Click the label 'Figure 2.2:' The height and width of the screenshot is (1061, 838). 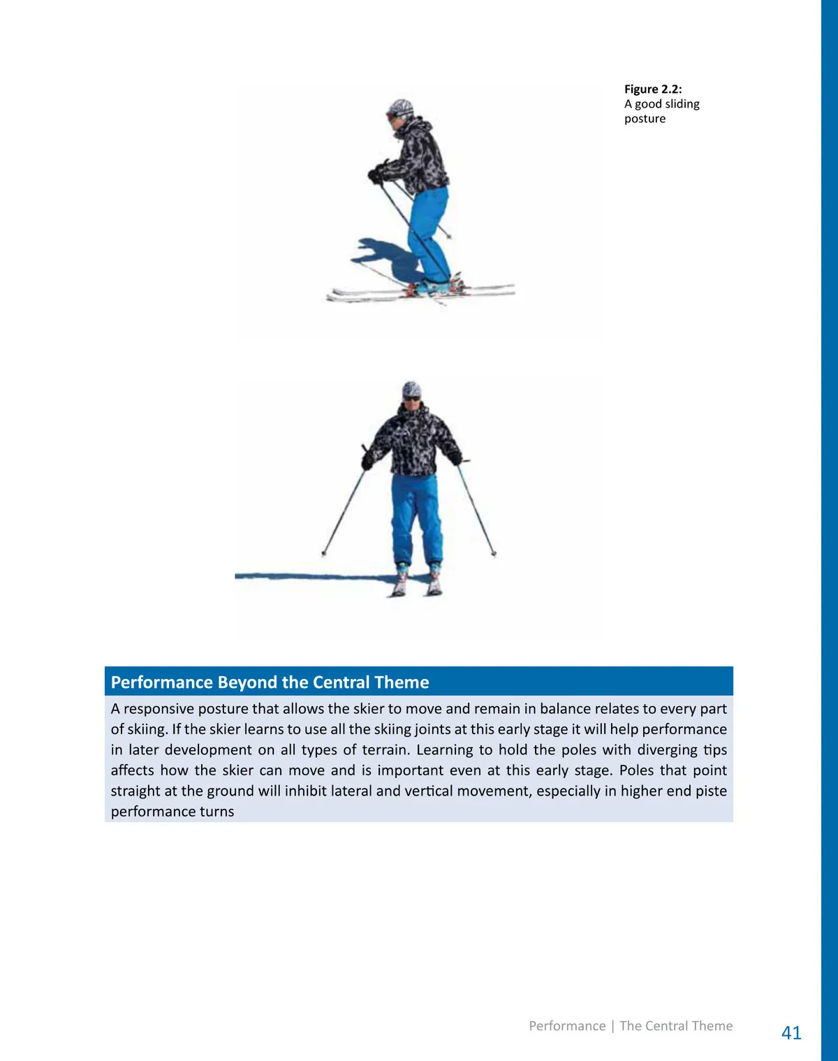pos(653,89)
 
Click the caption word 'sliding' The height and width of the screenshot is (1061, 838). pos(682,104)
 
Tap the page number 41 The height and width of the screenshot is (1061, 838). pos(791,1032)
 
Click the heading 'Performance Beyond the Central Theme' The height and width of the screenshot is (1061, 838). pos(270,682)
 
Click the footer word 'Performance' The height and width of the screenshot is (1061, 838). pos(567,1025)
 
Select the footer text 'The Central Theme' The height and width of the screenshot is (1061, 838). pos(676,1025)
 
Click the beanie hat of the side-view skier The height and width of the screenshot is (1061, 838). pos(402,108)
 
